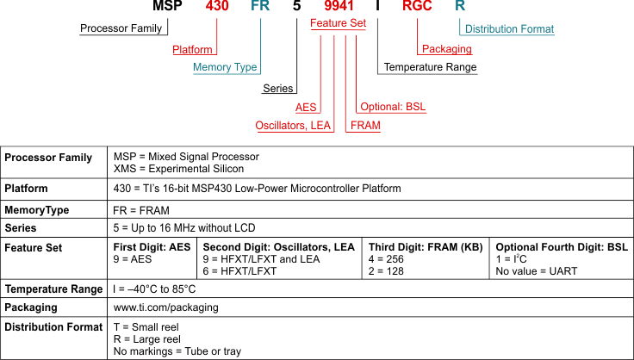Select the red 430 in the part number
pyautogui.click(x=217, y=7)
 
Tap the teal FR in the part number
pyautogui.click(x=259, y=7)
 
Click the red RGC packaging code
pyautogui.click(x=421, y=7)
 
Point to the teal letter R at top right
pyautogui.click(x=460, y=7)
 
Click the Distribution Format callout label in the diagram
pyautogui.click(x=509, y=29)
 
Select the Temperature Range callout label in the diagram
pyautogui.click(x=430, y=67)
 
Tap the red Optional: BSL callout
pyautogui.click(x=392, y=107)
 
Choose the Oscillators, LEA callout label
pyautogui.click(x=293, y=126)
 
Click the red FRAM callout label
pyautogui.click(x=364, y=126)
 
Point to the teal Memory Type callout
pyautogui.click(x=225, y=67)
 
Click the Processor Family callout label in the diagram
pyautogui.click(x=121, y=28)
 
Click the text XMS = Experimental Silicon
pyautogui.click(x=172, y=169)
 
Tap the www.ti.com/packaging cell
pyautogui.click(x=165, y=307)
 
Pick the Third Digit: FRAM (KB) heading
pyautogui.click(x=425, y=247)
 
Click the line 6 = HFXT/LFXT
pyautogui.click(x=239, y=271)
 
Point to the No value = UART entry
pyautogui.click(x=537, y=271)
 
